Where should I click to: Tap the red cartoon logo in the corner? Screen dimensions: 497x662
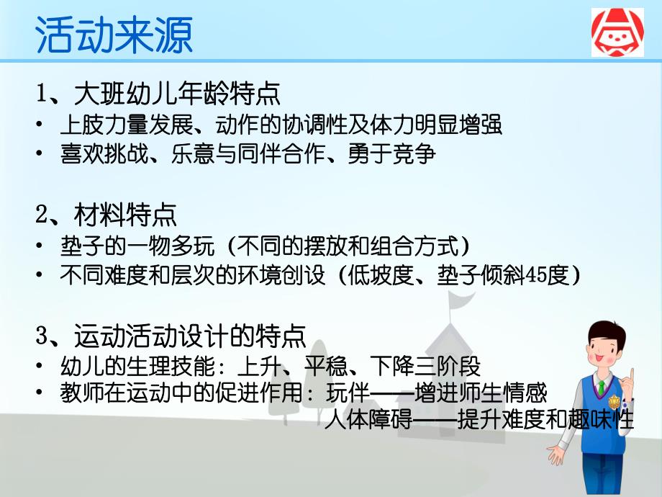(x=617, y=33)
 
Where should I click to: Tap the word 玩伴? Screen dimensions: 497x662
(x=347, y=393)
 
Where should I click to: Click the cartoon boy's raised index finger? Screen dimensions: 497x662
(x=631, y=376)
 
